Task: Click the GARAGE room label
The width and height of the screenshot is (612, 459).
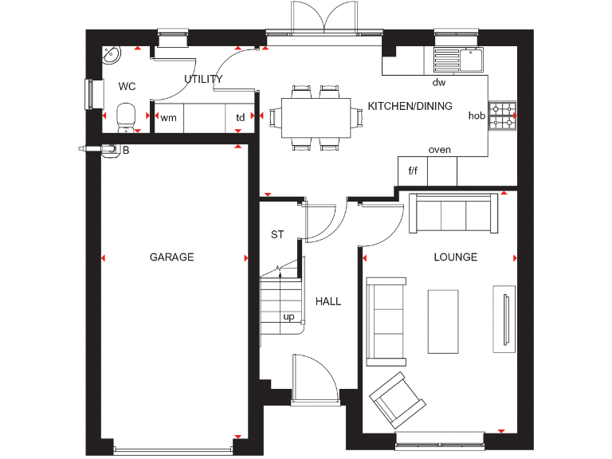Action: click(x=171, y=257)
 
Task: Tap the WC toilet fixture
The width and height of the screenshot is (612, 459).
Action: click(x=125, y=116)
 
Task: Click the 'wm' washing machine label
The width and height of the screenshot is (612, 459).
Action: click(x=168, y=117)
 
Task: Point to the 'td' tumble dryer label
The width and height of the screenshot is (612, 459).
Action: click(x=240, y=117)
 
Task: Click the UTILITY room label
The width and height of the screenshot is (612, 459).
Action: click(x=203, y=79)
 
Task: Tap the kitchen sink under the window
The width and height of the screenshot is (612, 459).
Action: click(x=457, y=57)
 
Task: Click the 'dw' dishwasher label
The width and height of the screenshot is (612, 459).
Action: click(x=438, y=82)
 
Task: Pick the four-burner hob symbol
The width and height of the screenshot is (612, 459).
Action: click(x=502, y=116)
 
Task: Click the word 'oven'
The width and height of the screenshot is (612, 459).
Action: click(x=439, y=149)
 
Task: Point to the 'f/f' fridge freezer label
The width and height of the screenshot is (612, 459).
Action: click(x=413, y=171)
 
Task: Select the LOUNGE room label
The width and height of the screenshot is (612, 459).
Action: click(x=455, y=257)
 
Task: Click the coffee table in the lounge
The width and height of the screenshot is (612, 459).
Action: click(x=443, y=321)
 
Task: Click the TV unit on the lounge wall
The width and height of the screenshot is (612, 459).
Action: click(x=504, y=318)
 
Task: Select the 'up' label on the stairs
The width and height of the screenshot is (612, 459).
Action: click(x=288, y=316)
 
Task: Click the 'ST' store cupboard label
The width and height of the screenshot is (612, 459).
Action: click(x=277, y=234)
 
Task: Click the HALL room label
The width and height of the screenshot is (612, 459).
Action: click(x=328, y=301)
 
